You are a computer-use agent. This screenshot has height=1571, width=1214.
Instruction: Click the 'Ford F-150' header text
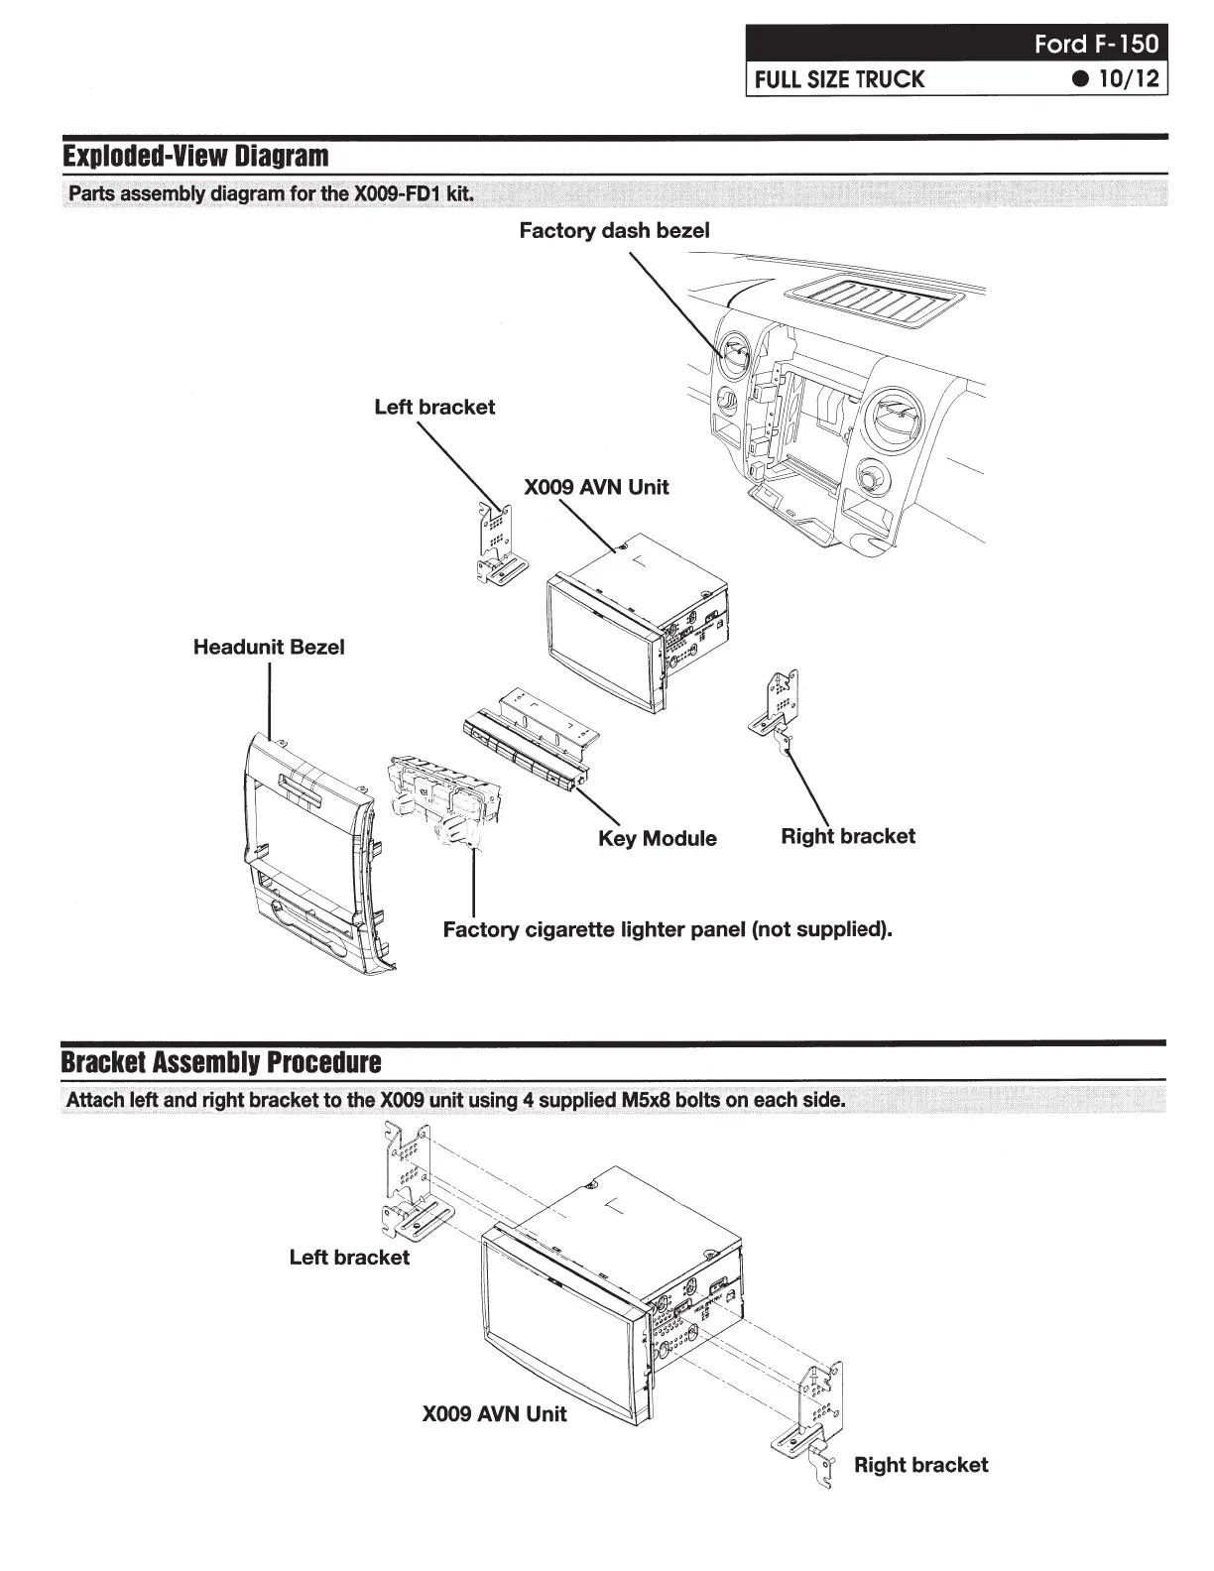[x=1095, y=44]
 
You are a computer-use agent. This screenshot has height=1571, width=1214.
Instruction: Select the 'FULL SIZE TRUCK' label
[x=839, y=79]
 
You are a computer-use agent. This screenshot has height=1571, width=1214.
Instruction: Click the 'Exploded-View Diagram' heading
[x=195, y=157]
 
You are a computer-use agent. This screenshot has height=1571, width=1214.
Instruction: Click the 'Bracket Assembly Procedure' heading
[x=221, y=1062]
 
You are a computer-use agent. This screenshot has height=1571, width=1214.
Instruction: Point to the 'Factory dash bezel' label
[x=614, y=231]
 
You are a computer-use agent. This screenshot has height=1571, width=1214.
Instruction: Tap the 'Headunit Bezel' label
[x=269, y=647]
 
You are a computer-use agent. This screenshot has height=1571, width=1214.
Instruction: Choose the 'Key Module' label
[x=657, y=838]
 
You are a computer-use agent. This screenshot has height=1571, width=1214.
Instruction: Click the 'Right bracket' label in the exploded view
[x=848, y=836]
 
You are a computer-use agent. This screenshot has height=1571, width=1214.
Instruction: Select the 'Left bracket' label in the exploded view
[x=434, y=407]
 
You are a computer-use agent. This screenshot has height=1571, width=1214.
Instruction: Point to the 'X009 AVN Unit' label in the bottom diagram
[x=494, y=1413]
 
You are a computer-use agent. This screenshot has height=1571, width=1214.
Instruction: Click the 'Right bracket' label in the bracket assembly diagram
[x=920, y=1465]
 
